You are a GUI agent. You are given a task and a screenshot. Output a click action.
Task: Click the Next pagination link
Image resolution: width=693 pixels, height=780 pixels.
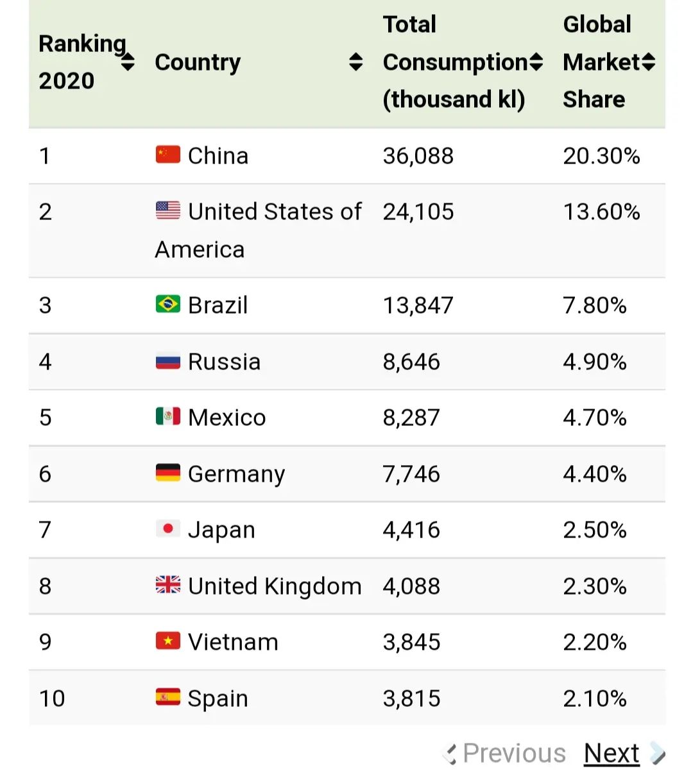611,753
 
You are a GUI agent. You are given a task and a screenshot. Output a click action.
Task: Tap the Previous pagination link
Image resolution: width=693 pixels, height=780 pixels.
513,753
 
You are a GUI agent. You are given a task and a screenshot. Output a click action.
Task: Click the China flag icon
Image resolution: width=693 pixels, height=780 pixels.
168,155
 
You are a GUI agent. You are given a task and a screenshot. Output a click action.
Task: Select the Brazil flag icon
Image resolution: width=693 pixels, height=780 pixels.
168,304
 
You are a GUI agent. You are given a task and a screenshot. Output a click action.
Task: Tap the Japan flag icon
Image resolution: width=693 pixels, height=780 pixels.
168,529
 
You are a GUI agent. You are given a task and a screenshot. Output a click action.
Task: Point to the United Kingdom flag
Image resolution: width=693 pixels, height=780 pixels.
168,585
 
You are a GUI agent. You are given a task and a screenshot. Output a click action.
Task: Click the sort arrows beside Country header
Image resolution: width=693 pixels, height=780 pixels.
355,62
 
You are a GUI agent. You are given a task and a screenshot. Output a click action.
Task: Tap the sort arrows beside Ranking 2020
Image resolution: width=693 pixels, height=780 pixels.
128,62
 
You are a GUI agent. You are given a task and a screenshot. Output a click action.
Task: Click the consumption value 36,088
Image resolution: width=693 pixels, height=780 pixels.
418,156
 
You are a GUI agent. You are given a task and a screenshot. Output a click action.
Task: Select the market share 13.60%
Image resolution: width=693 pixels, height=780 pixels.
601,212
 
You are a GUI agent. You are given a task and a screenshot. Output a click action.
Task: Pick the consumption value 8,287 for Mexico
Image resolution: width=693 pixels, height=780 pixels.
411,418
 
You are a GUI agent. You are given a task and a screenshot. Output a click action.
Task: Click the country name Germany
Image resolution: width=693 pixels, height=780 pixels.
236,474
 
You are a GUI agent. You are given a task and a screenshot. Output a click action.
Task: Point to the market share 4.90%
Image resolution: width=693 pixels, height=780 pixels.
595,362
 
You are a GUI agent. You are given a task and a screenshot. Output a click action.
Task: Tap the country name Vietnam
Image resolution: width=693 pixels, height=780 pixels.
233,642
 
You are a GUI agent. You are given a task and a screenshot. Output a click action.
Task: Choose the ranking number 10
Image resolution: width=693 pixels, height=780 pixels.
52,698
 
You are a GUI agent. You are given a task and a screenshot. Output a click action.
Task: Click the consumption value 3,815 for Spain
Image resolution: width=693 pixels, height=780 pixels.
411,698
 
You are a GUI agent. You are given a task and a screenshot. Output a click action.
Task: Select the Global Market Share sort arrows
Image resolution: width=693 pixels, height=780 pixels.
648,62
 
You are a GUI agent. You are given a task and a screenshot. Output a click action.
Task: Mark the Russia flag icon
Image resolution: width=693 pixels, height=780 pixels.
168,362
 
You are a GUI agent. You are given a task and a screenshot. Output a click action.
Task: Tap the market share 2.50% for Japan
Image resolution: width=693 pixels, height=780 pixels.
595,530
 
